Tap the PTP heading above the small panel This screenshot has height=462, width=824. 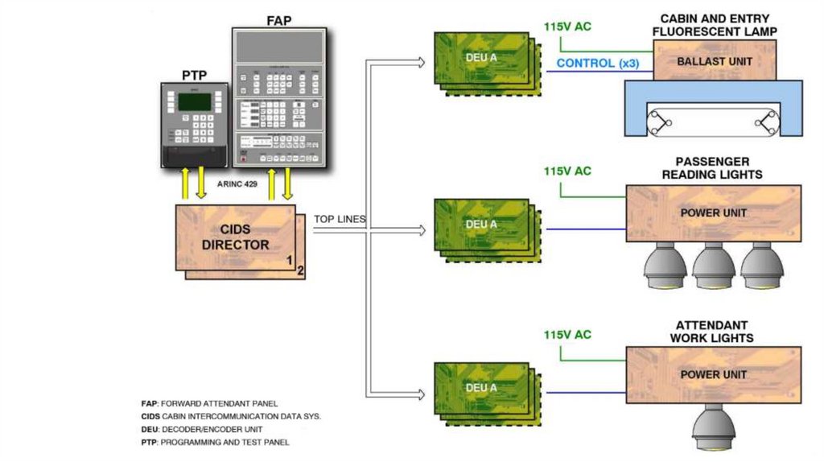[195, 76]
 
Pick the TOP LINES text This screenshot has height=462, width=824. [340, 219]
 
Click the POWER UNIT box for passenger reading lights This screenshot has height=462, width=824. [713, 213]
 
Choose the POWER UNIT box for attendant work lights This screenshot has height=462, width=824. [713, 374]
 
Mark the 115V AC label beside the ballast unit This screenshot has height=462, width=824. [567, 27]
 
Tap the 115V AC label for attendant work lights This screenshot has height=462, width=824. [567, 334]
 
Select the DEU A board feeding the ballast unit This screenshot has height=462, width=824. [481, 58]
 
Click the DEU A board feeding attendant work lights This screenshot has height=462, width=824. [481, 388]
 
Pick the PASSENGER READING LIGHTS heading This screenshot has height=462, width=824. [712, 167]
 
